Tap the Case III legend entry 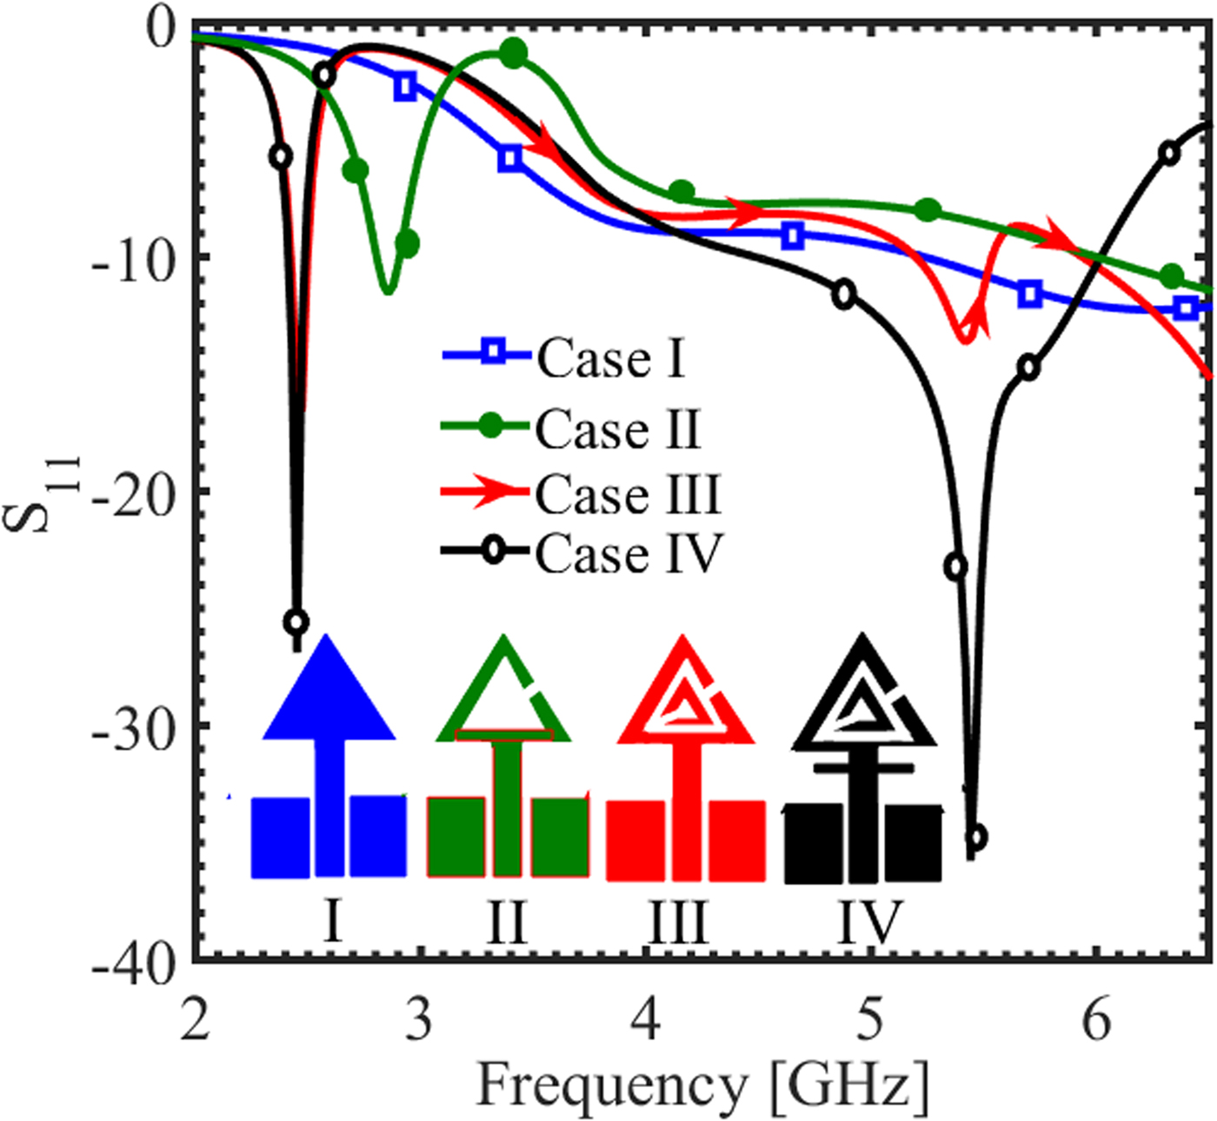click(581, 494)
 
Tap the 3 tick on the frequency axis click(418, 1018)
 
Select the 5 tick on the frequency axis click(870, 1018)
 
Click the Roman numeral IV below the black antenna click(869, 921)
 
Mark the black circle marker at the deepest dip click(976, 838)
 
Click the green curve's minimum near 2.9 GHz click(388, 290)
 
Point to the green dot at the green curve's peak click(514, 54)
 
